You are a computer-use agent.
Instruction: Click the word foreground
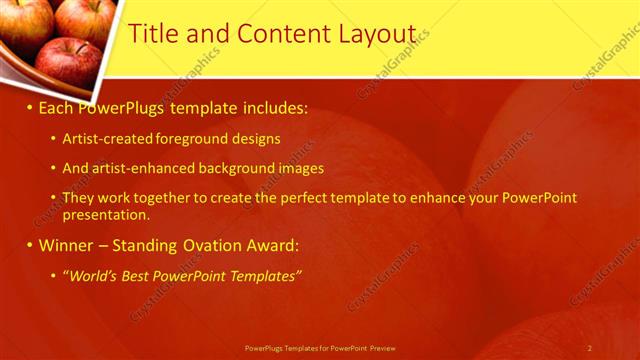184,139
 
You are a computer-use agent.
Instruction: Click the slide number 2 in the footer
589,348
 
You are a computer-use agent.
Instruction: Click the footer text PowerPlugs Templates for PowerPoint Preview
320,348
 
